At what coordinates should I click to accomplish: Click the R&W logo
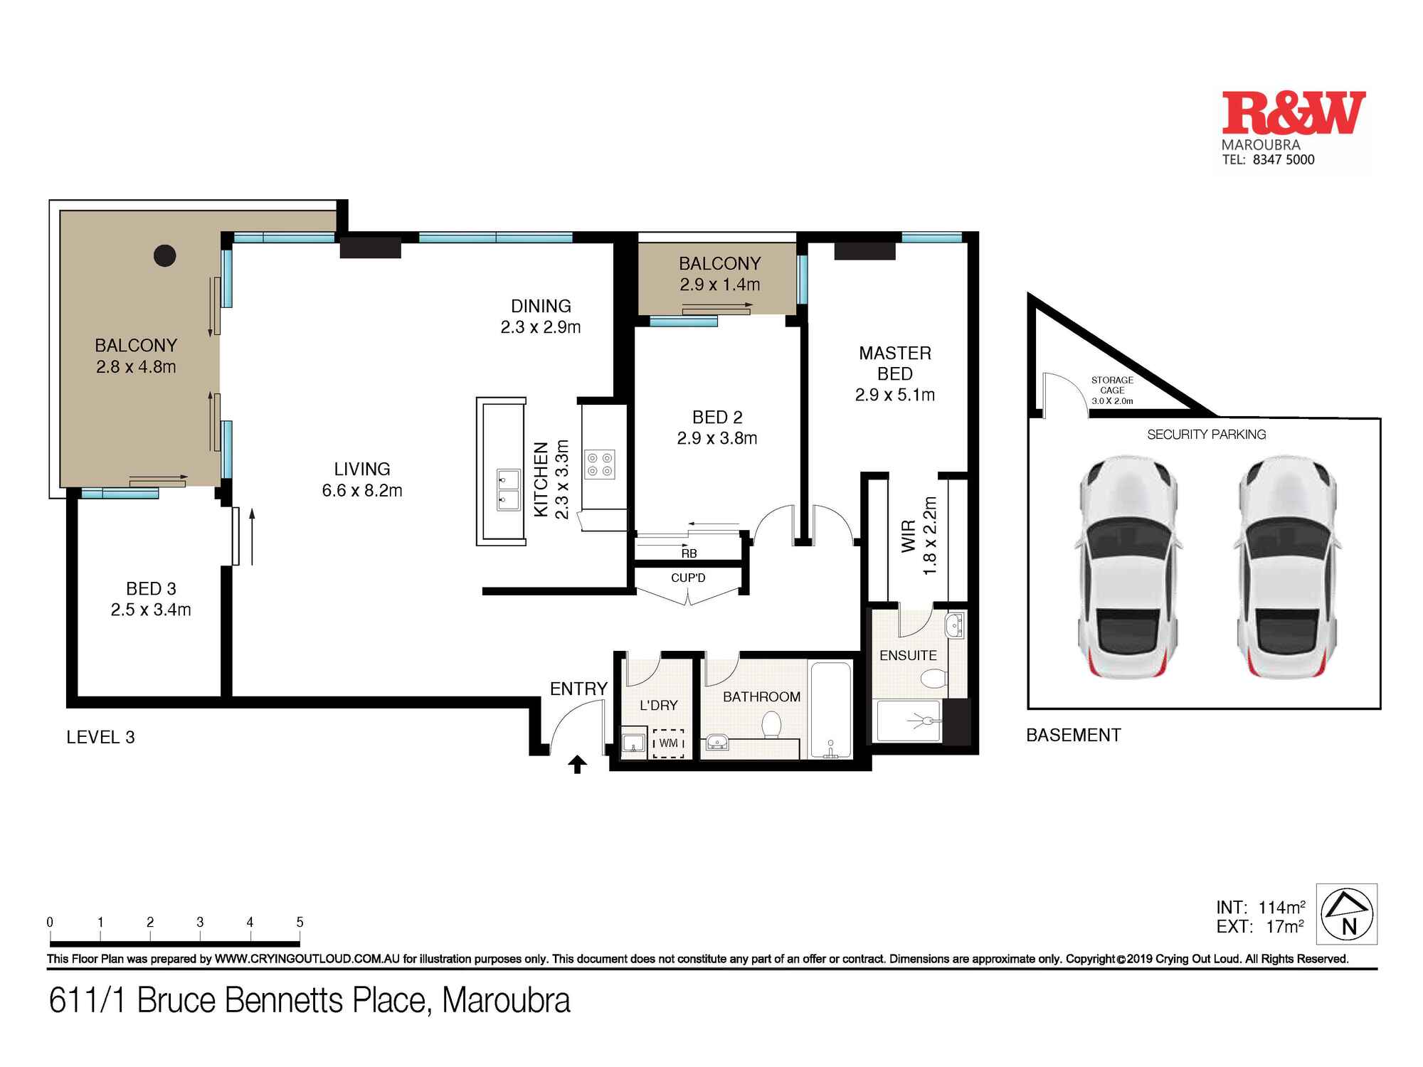[x=1293, y=114]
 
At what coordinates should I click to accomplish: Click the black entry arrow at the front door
[x=578, y=765]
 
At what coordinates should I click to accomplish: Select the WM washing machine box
[x=668, y=743]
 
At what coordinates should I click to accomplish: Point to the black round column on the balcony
[x=165, y=255]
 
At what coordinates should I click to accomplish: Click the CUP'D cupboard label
[x=688, y=578]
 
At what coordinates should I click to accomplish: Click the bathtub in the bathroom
[x=830, y=708]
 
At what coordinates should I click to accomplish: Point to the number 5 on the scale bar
[x=300, y=922]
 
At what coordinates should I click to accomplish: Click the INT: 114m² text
[x=1260, y=907]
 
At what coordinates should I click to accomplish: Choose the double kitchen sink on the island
[x=508, y=489]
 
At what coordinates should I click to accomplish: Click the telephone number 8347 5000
[x=1284, y=160]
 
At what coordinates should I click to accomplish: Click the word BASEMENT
[x=1073, y=735]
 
